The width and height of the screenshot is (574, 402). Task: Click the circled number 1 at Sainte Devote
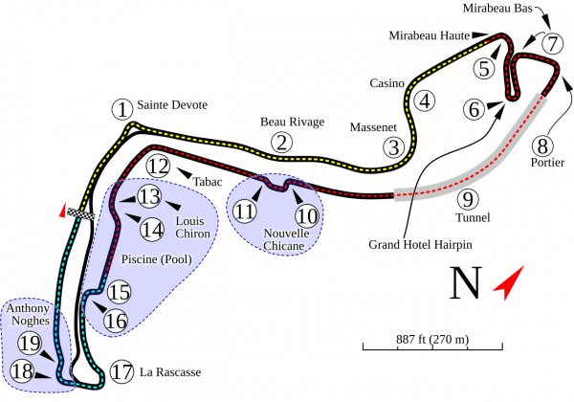pyautogui.click(x=121, y=110)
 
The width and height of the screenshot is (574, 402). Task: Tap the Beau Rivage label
pyautogui.click(x=293, y=123)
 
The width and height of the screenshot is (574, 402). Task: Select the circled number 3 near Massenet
pyautogui.click(x=393, y=147)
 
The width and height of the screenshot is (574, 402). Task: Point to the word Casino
pyautogui.click(x=387, y=83)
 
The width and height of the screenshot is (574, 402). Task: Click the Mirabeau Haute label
pyautogui.click(x=430, y=35)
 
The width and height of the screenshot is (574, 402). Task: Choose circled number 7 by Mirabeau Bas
pyautogui.click(x=551, y=43)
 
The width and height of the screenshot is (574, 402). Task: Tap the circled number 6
pyautogui.click(x=474, y=110)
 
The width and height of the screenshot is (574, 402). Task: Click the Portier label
pyautogui.click(x=543, y=163)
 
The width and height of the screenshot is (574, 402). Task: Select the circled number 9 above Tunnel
pyautogui.click(x=467, y=199)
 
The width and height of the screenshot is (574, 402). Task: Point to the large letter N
pyautogui.click(x=466, y=283)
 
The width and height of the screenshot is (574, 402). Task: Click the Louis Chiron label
pyautogui.click(x=194, y=228)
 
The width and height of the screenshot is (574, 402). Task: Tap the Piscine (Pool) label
pyautogui.click(x=158, y=258)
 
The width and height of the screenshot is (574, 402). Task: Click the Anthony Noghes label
pyautogui.click(x=28, y=315)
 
